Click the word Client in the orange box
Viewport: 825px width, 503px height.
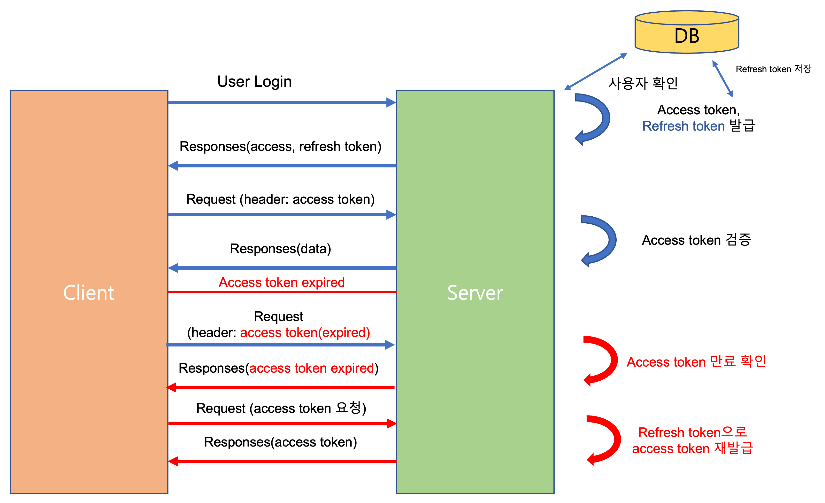[89, 293]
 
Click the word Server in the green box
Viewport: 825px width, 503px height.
[475, 293]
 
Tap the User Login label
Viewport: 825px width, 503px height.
[254, 82]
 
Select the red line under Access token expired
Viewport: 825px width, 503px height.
[282, 292]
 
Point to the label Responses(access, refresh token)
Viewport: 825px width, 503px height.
[280, 147]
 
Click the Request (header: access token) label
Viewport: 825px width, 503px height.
[280, 199]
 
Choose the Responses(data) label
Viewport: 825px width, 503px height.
[280, 249]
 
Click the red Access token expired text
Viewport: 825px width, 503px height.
[282, 282]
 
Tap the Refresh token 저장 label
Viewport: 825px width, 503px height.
[773, 69]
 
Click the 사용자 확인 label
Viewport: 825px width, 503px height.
[643, 83]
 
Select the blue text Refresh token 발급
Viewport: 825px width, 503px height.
[698, 126]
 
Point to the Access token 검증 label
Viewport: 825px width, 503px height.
[696, 240]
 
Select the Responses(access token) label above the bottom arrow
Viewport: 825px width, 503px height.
[280, 442]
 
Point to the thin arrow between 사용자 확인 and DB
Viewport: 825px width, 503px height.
[595, 72]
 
